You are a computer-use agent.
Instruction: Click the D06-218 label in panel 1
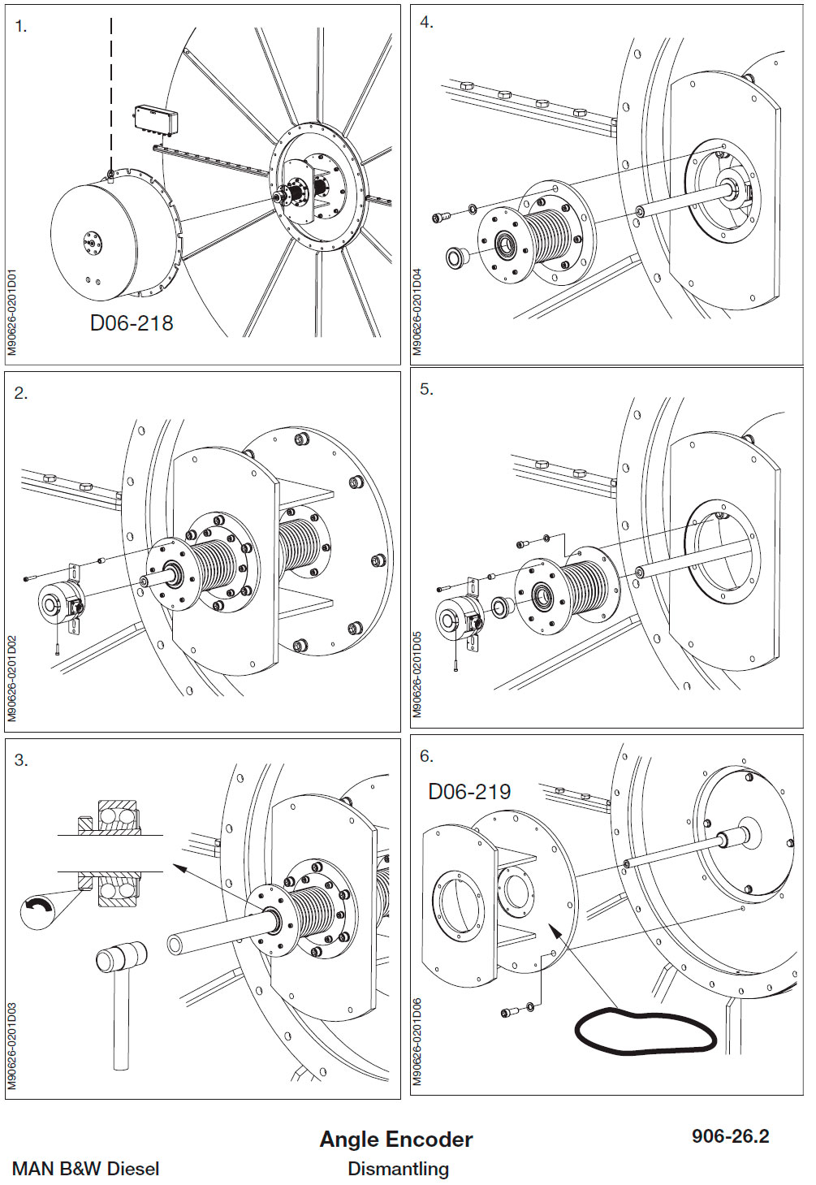point(132,323)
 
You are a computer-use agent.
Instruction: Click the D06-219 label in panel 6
point(469,792)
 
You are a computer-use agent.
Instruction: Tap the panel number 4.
point(426,23)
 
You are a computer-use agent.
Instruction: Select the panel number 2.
point(21,393)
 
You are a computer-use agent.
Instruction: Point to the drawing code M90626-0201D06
point(417,1041)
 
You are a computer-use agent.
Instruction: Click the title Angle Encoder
point(396,1140)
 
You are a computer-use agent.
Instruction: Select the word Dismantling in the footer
point(398,1169)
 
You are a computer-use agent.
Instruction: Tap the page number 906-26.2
point(730,1136)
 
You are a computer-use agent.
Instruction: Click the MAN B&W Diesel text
point(86,1169)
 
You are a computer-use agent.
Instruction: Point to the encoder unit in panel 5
point(456,620)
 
